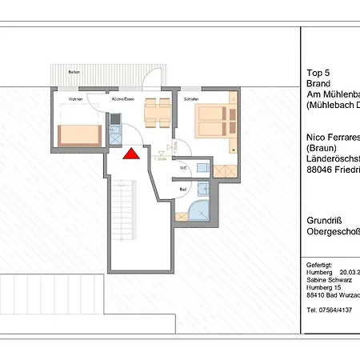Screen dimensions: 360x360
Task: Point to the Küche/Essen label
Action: click(122, 98)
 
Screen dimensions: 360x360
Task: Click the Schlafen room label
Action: click(190, 98)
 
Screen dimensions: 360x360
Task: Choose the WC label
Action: click(183, 168)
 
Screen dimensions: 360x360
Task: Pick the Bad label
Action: click(183, 189)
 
